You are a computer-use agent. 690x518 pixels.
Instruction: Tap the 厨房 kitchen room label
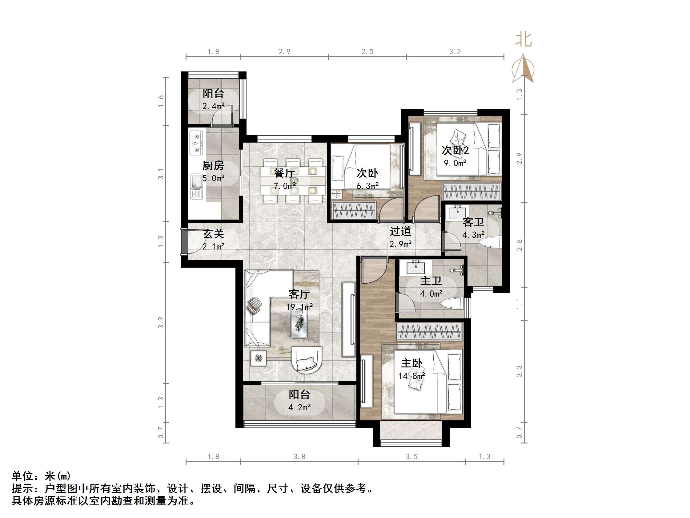pyautogui.click(x=213, y=165)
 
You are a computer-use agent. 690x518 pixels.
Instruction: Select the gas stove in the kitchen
pyautogui.click(x=197, y=143)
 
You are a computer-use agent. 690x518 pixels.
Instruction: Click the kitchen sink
pyautogui.click(x=197, y=186)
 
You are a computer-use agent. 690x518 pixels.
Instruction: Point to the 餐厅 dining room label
pyautogui.click(x=284, y=173)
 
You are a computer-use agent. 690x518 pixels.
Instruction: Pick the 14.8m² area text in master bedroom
pyautogui.click(x=411, y=376)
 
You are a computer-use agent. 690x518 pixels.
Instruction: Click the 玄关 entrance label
pyautogui.click(x=213, y=234)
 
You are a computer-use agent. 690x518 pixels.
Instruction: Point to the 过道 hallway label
pyautogui.click(x=400, y=231)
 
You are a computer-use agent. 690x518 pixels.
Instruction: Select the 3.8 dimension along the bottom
pyautogui.click(x=299, y=457)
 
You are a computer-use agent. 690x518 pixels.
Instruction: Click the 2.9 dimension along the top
pyautogui.click(x=284, y=51)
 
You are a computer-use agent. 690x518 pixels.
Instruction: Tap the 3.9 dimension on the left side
pyautogui.click(x=161, y=322)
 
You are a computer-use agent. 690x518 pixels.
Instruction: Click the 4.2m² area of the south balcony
pyautogui.click(x=299, y=407)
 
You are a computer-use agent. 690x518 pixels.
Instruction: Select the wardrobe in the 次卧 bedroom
pyautogui.click(x=354, y=210)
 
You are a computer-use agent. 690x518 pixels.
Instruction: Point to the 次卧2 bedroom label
pyautogui.click(x=455, y=151)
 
